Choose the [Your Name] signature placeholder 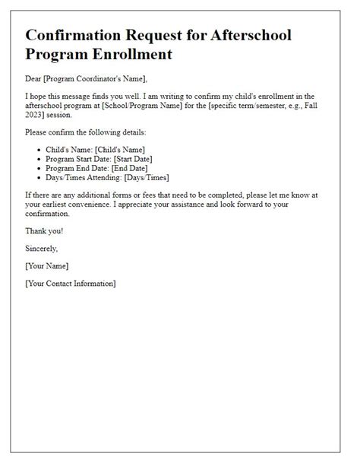47,266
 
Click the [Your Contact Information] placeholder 71,283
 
